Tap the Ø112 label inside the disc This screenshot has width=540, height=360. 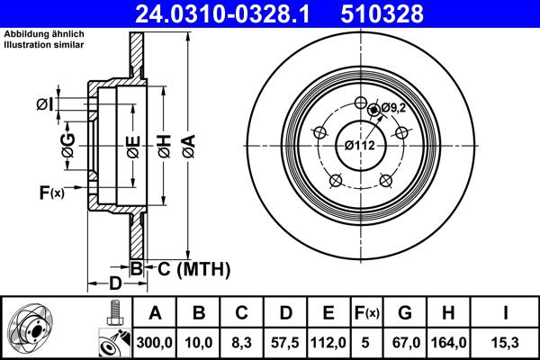(360, 146)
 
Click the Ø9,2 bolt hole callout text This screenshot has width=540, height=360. (393, 108)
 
